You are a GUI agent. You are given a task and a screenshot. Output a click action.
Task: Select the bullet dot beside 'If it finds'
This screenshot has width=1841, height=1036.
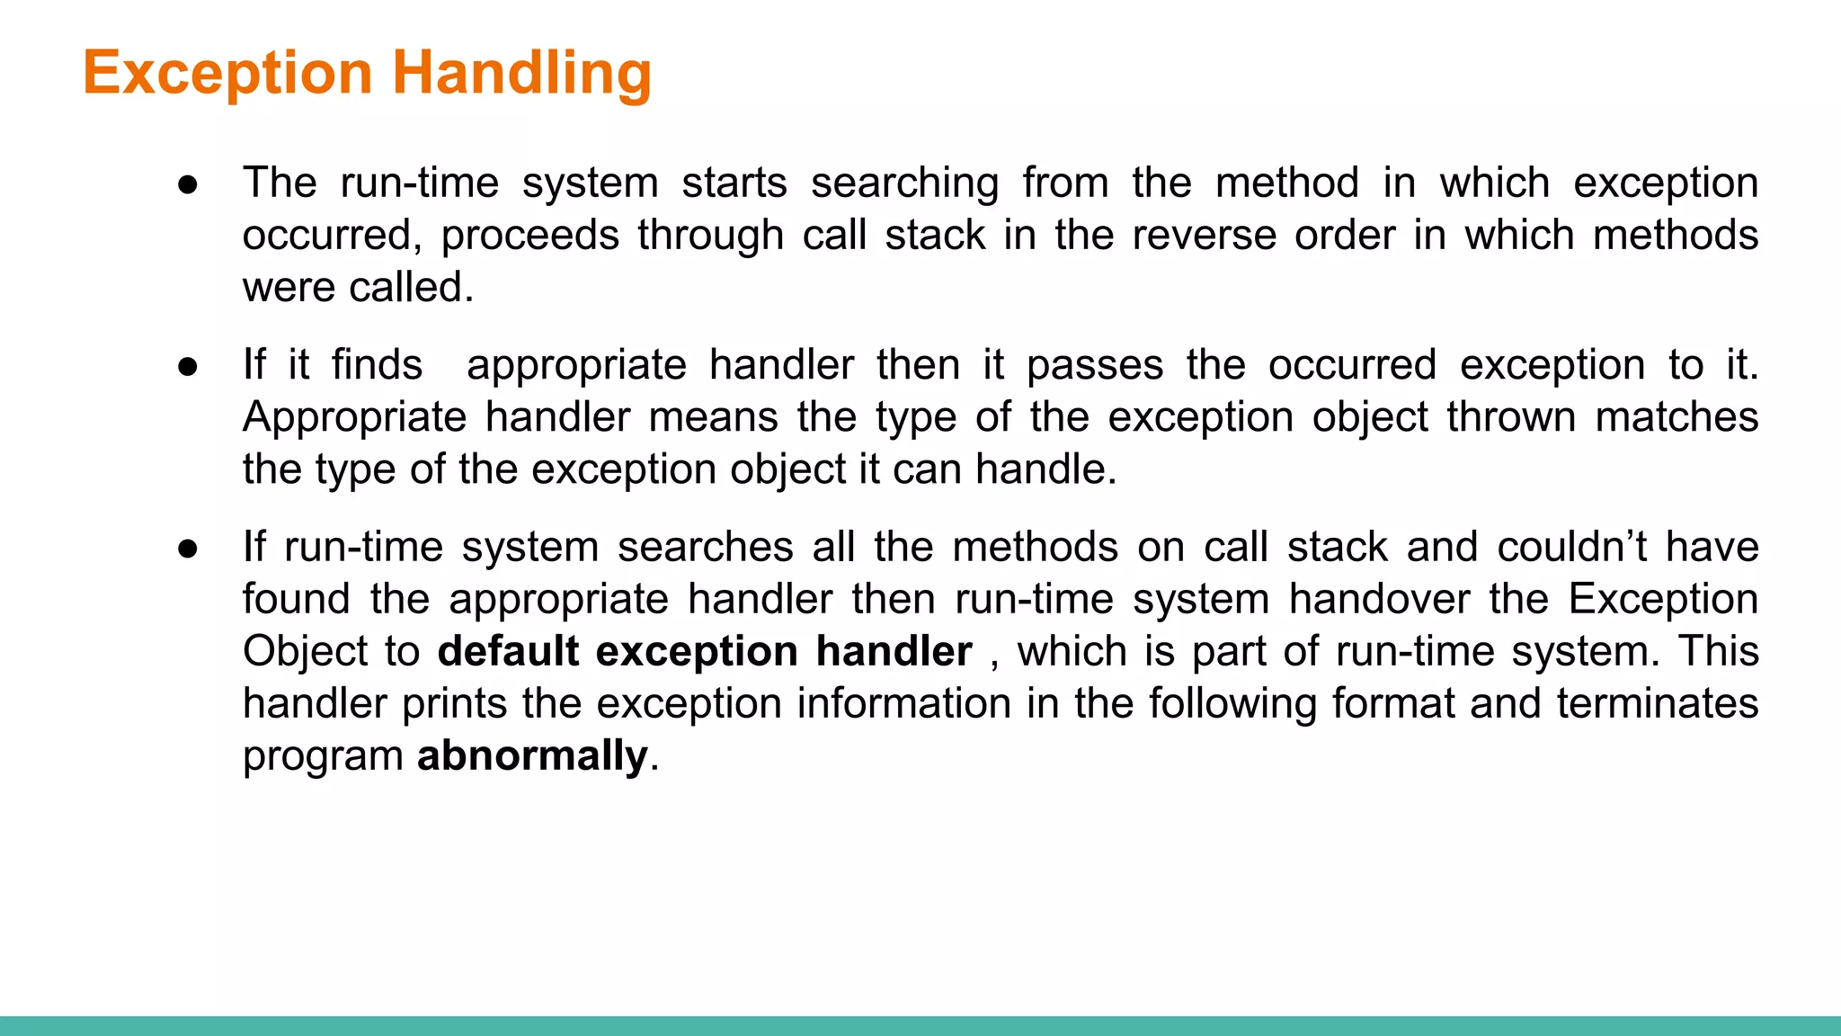188,367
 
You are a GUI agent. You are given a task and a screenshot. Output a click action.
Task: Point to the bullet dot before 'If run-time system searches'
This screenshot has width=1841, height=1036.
188,549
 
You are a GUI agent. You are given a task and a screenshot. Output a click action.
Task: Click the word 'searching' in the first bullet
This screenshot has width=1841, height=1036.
904,184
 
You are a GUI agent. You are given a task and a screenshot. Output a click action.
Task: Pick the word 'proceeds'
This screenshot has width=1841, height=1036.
529,236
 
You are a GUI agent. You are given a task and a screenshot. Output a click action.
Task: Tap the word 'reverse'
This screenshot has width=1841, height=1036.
1204,236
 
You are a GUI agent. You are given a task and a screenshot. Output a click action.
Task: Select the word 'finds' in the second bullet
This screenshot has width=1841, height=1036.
377,365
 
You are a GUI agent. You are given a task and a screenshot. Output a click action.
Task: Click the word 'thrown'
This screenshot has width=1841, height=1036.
1510,417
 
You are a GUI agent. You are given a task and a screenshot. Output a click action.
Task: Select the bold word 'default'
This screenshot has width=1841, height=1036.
508,651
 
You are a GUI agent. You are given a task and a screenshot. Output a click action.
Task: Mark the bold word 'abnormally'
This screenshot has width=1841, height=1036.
532,755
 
